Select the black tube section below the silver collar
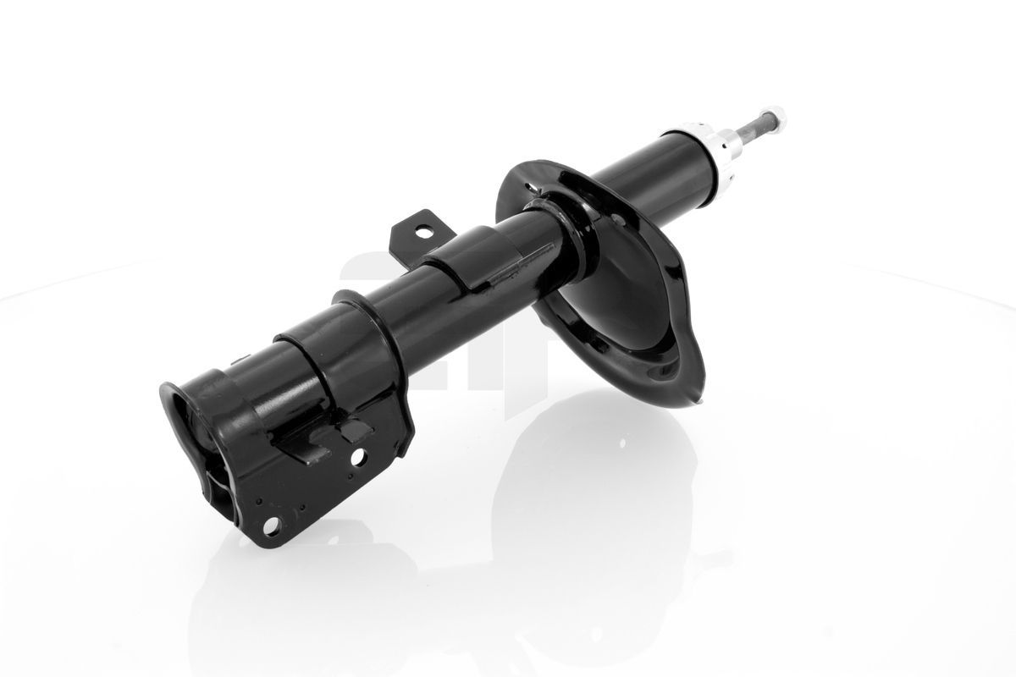[643, 177]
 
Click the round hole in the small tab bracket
[422, 232]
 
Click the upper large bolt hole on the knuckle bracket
[359, 459]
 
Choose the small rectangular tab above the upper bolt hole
[351, 431]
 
